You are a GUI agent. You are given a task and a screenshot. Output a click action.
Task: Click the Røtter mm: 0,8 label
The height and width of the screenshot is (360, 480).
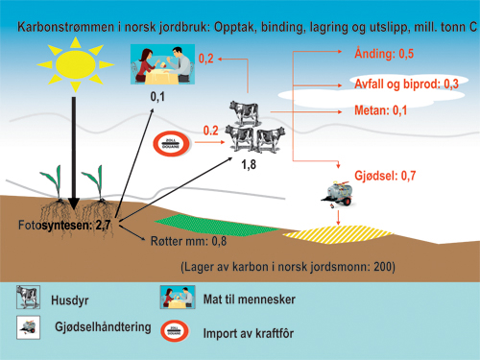(x=188, y=241)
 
